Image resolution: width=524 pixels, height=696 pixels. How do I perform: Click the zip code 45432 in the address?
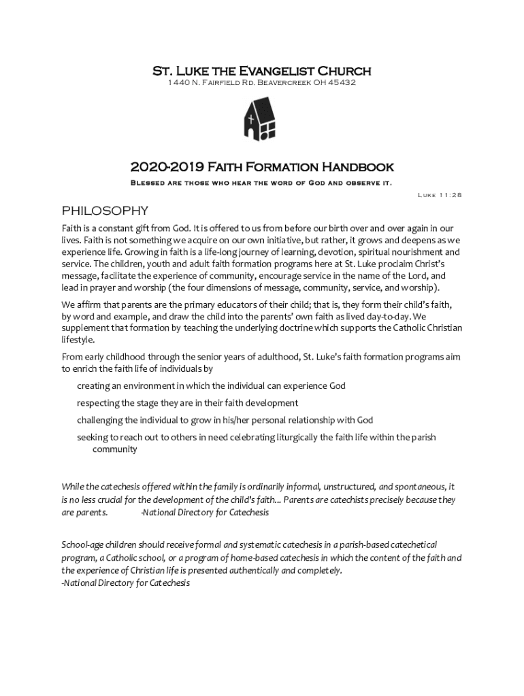[x=340, y=83]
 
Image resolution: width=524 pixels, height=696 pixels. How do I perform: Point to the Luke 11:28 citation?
[x=440, y=195]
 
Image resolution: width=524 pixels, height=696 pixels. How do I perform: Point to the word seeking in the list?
[x=92, y=437]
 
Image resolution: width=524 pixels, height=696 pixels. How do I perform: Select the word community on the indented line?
[x=114, y=449]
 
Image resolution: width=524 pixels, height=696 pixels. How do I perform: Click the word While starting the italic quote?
[x=73, y=487]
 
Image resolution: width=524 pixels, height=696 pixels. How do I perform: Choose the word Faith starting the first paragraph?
[x=73, y=228]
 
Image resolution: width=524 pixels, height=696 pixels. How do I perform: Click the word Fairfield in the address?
[x=218, y=83]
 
